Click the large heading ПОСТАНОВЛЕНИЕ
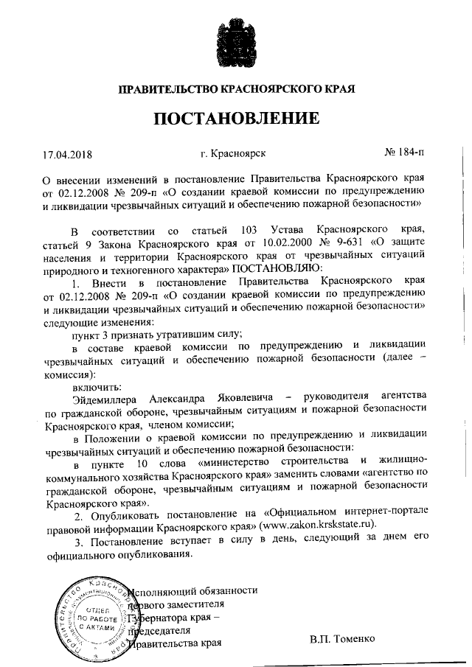tap(236, 119)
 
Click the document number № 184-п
tap(405, 154)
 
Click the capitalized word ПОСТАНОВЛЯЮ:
tap(277, 269)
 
